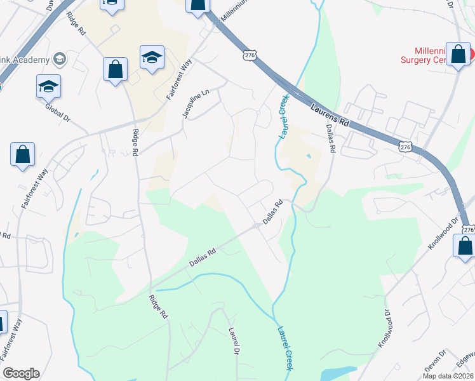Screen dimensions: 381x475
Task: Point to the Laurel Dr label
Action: point(234,341)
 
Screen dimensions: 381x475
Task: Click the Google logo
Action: point(21,373)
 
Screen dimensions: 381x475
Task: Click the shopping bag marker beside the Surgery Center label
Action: point(458,55)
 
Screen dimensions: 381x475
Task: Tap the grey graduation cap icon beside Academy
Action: point(60,60)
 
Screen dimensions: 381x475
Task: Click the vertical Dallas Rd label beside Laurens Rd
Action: point(330,137)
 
